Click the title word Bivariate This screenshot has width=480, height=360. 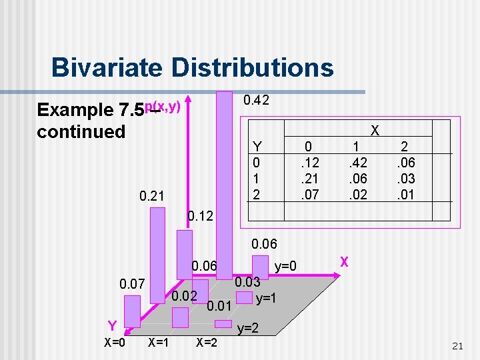click(106, 67)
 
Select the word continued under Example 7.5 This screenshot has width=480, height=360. click(81, 131)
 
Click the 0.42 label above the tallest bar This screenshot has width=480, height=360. click(256, 101)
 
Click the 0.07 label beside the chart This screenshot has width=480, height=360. click(133, 286)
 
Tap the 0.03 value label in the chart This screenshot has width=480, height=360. click(247, 282)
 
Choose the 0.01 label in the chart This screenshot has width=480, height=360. click(218, 307)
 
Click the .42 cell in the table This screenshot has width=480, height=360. click(358, 162)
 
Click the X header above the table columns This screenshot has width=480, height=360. click(375, 131)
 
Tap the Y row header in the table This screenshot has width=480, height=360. click(257, 147)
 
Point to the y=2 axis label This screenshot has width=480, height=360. click(249, 328)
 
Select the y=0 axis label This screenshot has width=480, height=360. click(287, 266)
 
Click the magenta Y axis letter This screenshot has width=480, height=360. click(114, 326)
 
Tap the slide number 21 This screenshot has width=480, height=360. click(457, 345)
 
